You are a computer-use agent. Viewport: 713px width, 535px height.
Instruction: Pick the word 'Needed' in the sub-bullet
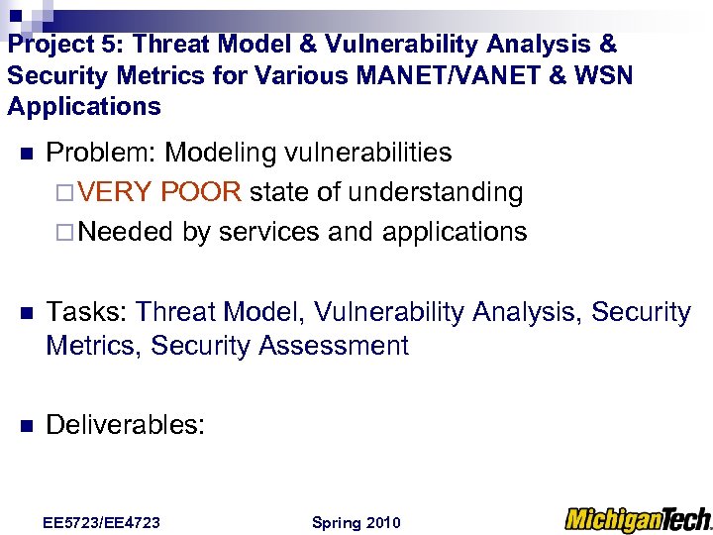(x=126, y=231)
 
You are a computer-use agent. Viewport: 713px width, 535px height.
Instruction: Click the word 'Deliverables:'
(x=126, y=425)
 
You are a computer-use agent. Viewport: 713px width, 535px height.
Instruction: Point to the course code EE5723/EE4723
(x=102, y=522)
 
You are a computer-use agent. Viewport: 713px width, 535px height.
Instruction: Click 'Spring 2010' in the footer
(x=356, y=522)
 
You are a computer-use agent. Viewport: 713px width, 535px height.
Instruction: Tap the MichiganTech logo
(x=637, y=519)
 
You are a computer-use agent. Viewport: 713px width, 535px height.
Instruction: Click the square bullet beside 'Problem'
(x=26, y=155)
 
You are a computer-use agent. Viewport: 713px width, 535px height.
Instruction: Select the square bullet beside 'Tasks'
(x=26, y=313)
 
